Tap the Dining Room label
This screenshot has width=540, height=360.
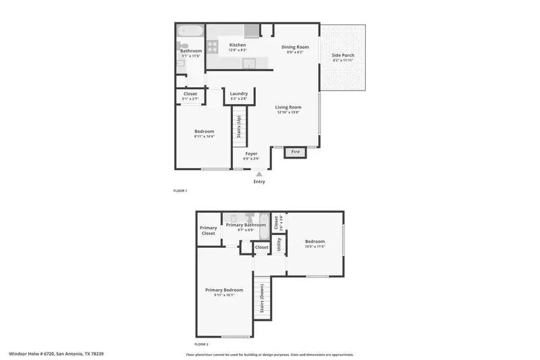[294, 47]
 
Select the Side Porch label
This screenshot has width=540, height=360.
[343, 55]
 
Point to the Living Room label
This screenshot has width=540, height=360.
[288, 107]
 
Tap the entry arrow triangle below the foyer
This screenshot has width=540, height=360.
[259, 174]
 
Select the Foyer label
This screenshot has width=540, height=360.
[251, 154]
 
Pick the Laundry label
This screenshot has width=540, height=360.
[239, 94]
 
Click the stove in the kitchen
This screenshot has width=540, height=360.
[213, 47]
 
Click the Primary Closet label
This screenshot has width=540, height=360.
[209, 230]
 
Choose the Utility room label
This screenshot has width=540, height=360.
[278, 244]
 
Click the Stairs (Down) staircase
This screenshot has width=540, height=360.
[262, 300]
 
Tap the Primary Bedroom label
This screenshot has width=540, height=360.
[224, 290]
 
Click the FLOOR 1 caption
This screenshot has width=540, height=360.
[180, 191]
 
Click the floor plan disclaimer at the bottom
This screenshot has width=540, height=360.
[269, 354]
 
